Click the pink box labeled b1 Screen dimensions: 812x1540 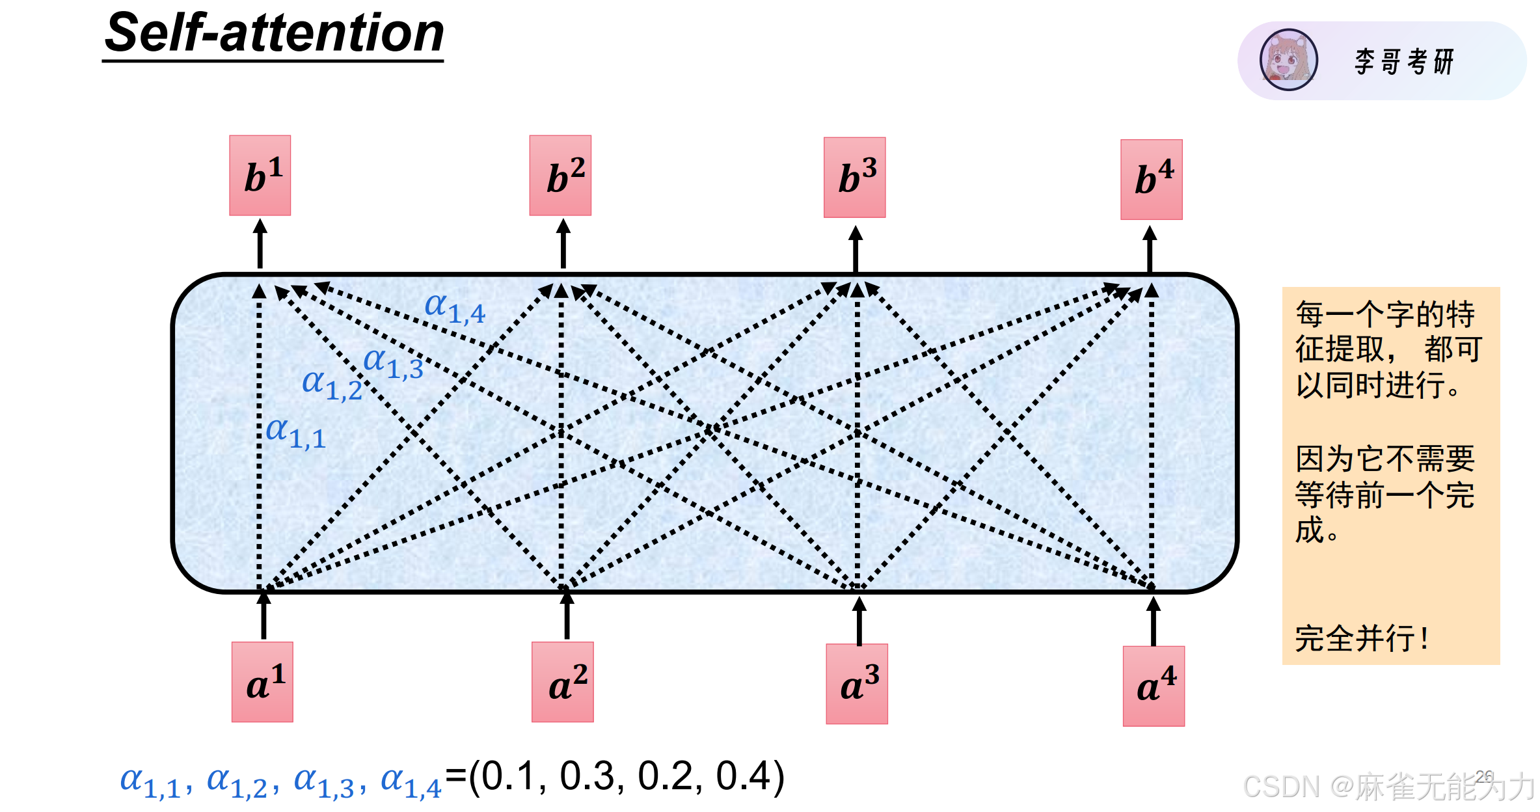point(260,175)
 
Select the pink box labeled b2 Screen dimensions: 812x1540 point(560,175)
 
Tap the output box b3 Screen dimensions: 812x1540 point(854,177)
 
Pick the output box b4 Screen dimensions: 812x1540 point(1151,179)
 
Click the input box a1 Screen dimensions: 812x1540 point(262,681)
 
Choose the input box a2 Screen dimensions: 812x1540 point(562,681)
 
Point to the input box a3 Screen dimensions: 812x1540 point(856,683)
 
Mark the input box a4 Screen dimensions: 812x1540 point(1154,686)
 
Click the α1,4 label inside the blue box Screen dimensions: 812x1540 point(454,308)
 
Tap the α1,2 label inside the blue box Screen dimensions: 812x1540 point(332,385)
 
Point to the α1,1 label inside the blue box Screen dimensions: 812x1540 point(295,433)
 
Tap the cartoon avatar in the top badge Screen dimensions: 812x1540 point(1288,60)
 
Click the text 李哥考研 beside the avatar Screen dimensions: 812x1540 point(1403,62)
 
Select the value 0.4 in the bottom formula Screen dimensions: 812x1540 point(742,776)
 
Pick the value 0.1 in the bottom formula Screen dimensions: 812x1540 point(508,776)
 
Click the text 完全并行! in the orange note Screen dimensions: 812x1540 point(1362,638)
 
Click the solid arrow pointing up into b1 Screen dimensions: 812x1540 point(260,243)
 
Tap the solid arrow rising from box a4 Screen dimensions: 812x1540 point(1154,621)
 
